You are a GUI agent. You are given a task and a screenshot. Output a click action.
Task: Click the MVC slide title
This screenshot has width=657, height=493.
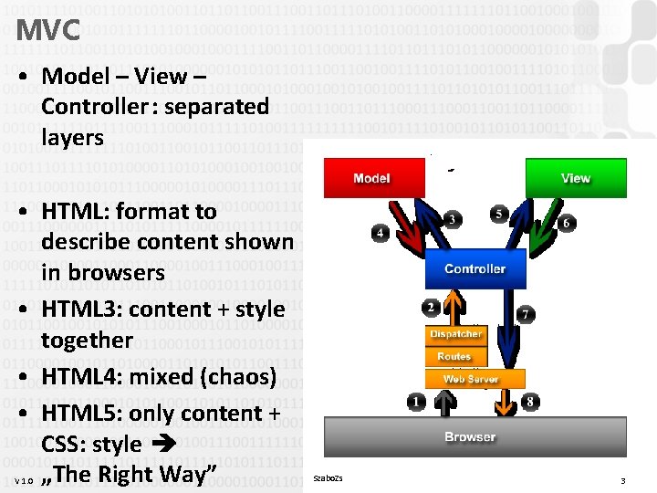[x=47, y=30]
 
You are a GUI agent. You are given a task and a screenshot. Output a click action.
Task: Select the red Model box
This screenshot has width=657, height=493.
[x=371, y=177]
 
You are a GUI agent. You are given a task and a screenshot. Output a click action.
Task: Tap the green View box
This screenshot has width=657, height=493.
[x=575, y=177]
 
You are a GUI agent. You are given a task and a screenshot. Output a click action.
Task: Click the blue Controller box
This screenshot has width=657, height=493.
[x=474, y=268]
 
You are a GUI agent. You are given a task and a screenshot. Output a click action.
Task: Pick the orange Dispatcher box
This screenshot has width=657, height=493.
[x=455, y=334]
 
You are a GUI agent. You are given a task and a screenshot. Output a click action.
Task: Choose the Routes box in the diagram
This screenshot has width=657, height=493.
[x=454, y=356]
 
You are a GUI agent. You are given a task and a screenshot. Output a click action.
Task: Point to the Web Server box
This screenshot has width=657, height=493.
[x=474, y=378]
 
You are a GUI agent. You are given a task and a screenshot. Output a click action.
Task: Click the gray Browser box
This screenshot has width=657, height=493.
[x=470, y=436]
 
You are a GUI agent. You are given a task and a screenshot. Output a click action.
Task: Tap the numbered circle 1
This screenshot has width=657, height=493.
[x=416, y=402]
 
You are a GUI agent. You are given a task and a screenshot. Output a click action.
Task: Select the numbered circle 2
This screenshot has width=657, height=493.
[x=431, y=307]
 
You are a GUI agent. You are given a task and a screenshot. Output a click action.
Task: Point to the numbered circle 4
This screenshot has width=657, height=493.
[x=380, y=234]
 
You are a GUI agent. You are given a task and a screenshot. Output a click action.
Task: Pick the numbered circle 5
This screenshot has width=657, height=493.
[x=497, y=214]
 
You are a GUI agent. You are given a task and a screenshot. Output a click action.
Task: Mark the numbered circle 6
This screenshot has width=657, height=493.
[x=566, y=223]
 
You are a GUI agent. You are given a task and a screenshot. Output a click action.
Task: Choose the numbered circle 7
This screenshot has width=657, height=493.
[x=526, y=315]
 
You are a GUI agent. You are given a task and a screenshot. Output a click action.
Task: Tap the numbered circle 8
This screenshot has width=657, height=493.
[x=532, y=402]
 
